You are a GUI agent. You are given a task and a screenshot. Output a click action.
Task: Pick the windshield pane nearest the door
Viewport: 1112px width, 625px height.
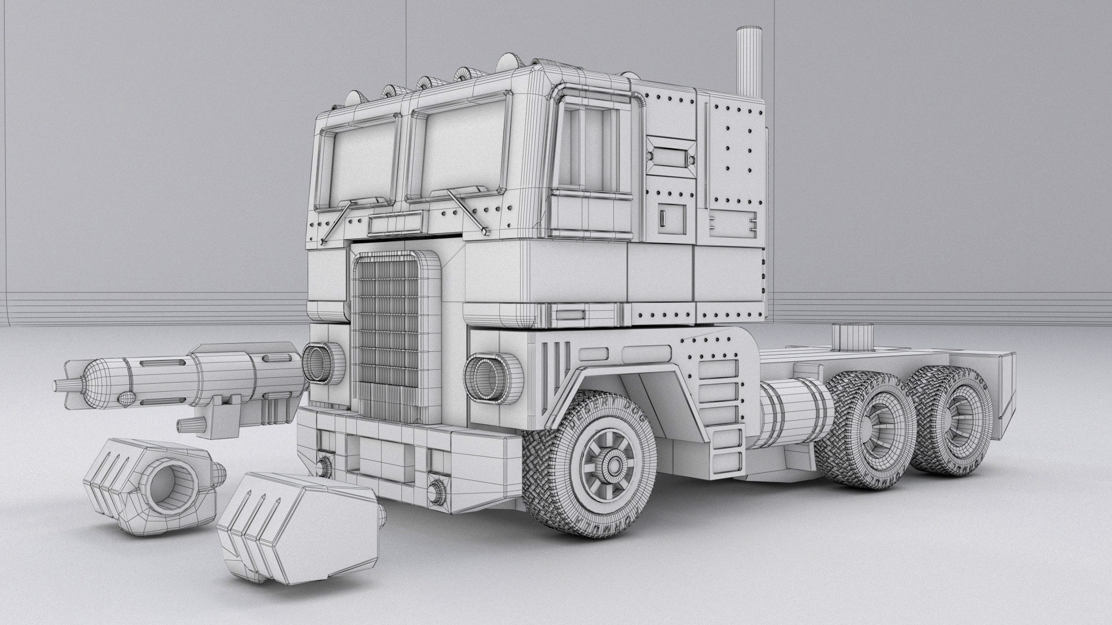click(x=458, y=150)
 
